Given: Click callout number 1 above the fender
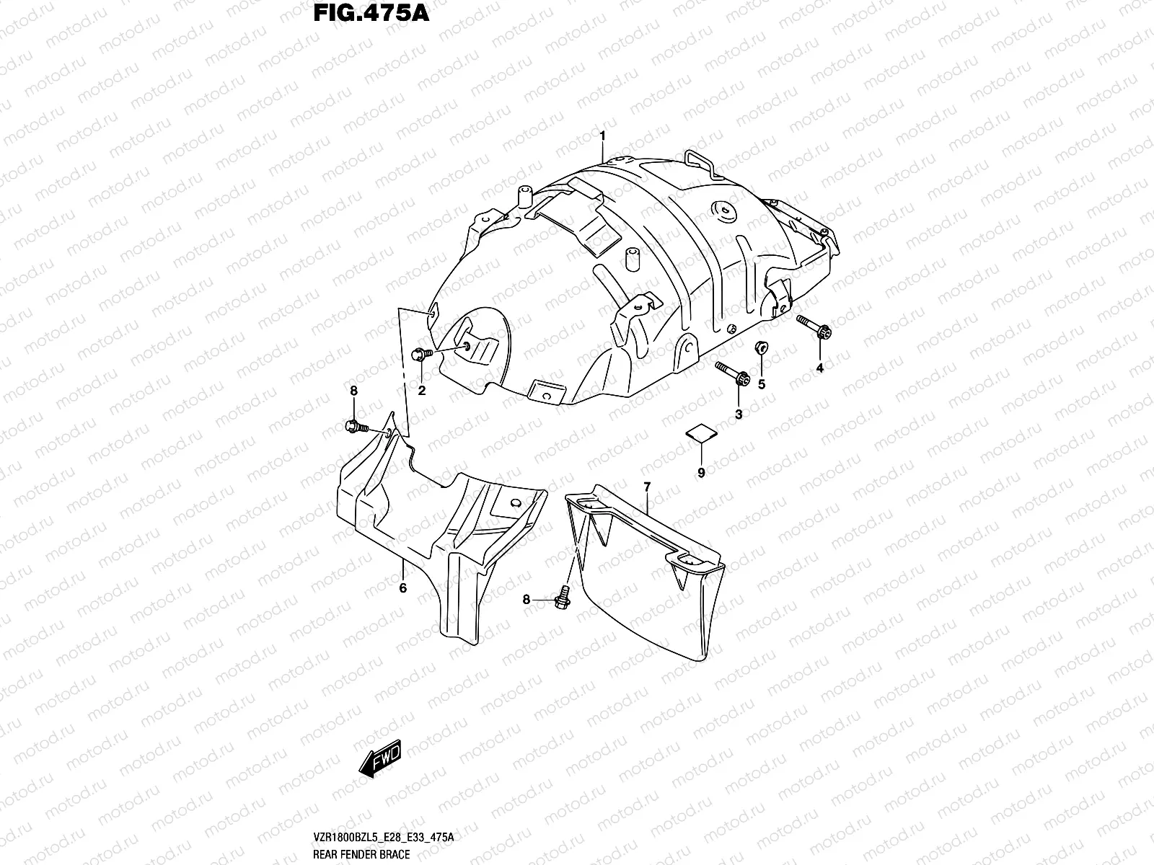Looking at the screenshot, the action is coord(603,135).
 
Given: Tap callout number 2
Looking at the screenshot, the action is coord(422,391).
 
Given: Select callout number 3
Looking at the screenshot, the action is coord(738,414).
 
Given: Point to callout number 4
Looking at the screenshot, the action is coord(819,368).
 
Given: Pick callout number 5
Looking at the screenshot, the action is coord(762,384).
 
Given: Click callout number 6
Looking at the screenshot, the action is coord(402,587).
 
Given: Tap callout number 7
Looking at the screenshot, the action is coord(647,487).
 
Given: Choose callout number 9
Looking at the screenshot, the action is coord(701,472).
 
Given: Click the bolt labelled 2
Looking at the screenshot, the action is coord(420,354).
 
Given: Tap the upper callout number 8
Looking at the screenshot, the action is coord(353,391).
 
